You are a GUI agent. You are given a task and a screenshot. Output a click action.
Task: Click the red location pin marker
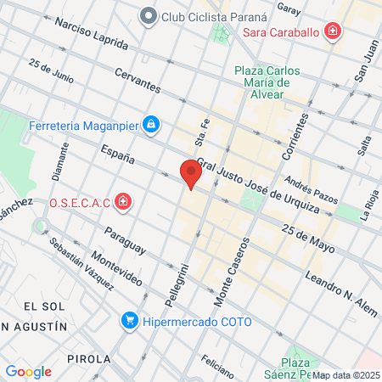pyautogui.click(x=191, y=172)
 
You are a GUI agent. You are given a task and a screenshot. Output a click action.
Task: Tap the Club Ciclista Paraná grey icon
pyautogui.click(x=149, y=15)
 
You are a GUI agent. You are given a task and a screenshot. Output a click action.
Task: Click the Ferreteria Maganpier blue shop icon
pyautogui.click(x=150, y=126)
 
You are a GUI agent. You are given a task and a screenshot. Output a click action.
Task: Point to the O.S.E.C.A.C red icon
pyautogui.click(x=123, y=202)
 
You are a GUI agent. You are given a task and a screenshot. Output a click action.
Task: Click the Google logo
pyautogui.click(x=28, y=371)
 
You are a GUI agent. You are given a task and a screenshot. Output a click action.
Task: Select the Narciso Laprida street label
pyautogui.click(x=92, y=35)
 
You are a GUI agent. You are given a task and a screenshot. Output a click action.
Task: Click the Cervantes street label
pyautogui.click(x=136, y=81)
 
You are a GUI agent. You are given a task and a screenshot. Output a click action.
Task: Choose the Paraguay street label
pyautogui.click(x=125, y=240)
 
